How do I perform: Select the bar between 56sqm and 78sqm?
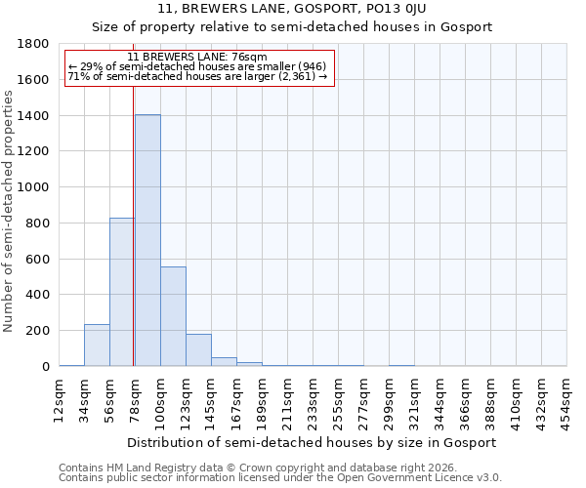122,292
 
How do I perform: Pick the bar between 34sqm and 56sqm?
97,346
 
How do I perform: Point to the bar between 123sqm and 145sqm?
198,350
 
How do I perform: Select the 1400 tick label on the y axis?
35,116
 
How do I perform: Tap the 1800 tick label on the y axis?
35,44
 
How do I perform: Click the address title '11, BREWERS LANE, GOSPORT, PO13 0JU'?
292,9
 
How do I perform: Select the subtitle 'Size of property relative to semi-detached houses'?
292,27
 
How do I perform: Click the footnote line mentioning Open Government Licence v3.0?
279,478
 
